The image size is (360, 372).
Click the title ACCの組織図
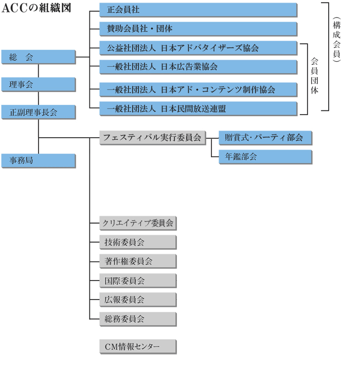[x=37, y=8]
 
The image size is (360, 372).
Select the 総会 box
[x=39, y=57]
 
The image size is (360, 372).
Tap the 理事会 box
[x=39, y=85]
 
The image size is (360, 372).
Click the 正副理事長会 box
[x=39, y=112]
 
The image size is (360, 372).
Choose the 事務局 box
[x=39, y=161]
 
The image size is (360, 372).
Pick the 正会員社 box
[x=199, y=10]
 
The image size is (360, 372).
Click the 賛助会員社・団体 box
[x=199, y=29]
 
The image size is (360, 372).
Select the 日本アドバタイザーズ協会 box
[x=199, y=48]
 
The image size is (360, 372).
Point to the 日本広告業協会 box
[x=199, y=67]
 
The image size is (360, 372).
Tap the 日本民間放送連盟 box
[x=199, y=109]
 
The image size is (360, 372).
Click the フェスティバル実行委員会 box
[x=153, y=138]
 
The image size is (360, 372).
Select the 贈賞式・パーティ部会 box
[x=265, y=138]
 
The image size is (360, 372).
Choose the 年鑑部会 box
[x=265, y=157]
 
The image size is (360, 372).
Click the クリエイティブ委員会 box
[x=138, y=223]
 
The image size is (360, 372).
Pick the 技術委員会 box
[x=138, y=243]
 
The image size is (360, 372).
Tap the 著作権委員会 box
[x=138, y=262]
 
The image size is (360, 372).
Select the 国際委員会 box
[x=138, y=281]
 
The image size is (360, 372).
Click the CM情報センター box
[x=138, y=347]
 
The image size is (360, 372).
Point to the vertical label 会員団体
[x=314, y=76]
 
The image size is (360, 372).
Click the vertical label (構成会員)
[x=336, y=40]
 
